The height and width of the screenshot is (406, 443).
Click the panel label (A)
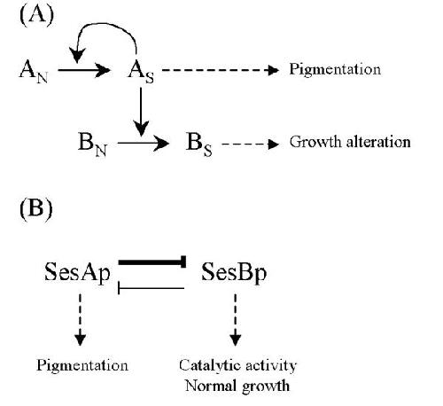pos(36,16)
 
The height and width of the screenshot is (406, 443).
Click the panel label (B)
pos(36,209)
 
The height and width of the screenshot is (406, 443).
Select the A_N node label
pos(34,72)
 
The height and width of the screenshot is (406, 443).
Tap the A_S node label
pos(141,72)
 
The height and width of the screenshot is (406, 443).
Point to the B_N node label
pos(92,144)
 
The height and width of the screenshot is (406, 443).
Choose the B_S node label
pos(198,144)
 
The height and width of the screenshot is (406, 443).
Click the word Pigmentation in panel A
pos(335,70)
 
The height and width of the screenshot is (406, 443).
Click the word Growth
pos(315,142)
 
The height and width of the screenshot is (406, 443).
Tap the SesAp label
pos(77,273)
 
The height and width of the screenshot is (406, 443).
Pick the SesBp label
pos(234,273)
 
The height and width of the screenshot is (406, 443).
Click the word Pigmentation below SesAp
pos(82,366)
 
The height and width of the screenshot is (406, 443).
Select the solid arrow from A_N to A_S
pos(84,70)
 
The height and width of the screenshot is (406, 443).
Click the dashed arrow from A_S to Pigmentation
pos(221,70)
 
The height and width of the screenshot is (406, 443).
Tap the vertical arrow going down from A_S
pos(141,112)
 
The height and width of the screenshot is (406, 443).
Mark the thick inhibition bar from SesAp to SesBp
pos(152,262)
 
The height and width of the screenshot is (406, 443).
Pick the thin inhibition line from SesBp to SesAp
pos(152,288)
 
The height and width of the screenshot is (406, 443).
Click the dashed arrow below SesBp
pos(236,320)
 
